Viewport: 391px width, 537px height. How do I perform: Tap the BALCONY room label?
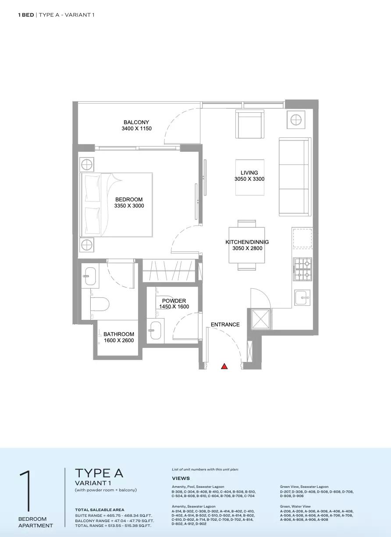click(x=136, y=122)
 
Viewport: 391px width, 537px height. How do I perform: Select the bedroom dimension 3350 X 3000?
click(x=129, y=206)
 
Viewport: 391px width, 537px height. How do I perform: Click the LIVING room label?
click(x=249, y=172)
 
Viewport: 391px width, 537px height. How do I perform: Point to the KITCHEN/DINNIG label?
click(x=247, y=242)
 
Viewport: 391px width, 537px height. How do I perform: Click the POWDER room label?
click(x=174, y=301)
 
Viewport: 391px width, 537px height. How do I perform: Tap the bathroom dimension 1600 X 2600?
click(x=119, y=340)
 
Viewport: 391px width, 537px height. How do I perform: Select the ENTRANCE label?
click(x=225, y=325)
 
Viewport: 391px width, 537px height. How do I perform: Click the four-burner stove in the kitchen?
click(x=303, y=269)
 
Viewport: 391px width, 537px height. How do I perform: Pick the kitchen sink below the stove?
click(x=302, y=297)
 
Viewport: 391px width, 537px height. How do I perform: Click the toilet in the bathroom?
click(x=100, y=304)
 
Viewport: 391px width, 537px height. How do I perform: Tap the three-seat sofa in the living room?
click(x=295, y=177)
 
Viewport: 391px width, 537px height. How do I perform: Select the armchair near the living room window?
click(x=250, y=124)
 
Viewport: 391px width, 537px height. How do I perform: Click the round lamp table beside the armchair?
click(x=296, y=120)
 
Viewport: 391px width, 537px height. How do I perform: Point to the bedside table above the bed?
click(x=86, y=165)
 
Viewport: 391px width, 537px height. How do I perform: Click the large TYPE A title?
click(x=99, y=473)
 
